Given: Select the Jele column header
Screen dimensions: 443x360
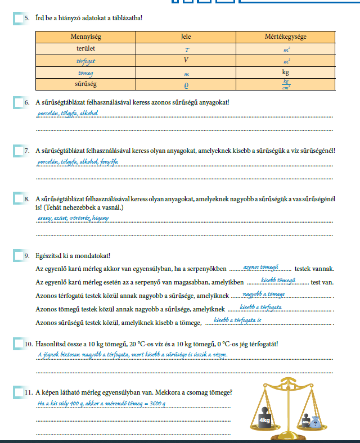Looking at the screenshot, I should pyautogui.click(x=186, y=37).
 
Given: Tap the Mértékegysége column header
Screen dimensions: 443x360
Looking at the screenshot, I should pyautogui.click(x=286, y=37).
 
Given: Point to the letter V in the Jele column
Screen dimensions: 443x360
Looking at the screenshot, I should pyautogui.click(x=186, y=60).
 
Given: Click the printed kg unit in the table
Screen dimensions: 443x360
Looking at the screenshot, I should pyautogui.click(x=286, y=72).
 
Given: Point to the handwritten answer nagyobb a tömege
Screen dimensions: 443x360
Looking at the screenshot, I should pyautogui.click(x=264, y=294).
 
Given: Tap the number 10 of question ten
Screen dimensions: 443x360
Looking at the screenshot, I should pyautogui.click(x=30, y=343).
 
